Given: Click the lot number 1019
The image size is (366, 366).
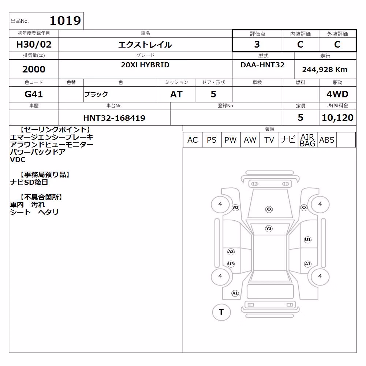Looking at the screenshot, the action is click(x=66, y=20).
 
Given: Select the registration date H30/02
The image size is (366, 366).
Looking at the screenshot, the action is click(x=34, y=44).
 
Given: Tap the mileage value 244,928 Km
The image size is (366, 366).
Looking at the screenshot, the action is click(x=325, y=70).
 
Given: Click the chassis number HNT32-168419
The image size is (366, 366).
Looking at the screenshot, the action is click(x=114, y=118).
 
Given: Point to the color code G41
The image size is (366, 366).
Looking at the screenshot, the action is click(x=34, y=94).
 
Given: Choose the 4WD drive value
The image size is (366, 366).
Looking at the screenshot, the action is click(x=337, y=94).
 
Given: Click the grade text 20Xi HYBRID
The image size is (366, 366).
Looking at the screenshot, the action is click(x=145, y=65).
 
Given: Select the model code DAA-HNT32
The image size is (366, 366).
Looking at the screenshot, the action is click(x=262, y=65).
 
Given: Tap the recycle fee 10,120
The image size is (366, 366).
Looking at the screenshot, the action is click(x=337, y=117).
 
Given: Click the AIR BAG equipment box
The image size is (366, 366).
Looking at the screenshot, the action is click(x=307, y=140).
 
